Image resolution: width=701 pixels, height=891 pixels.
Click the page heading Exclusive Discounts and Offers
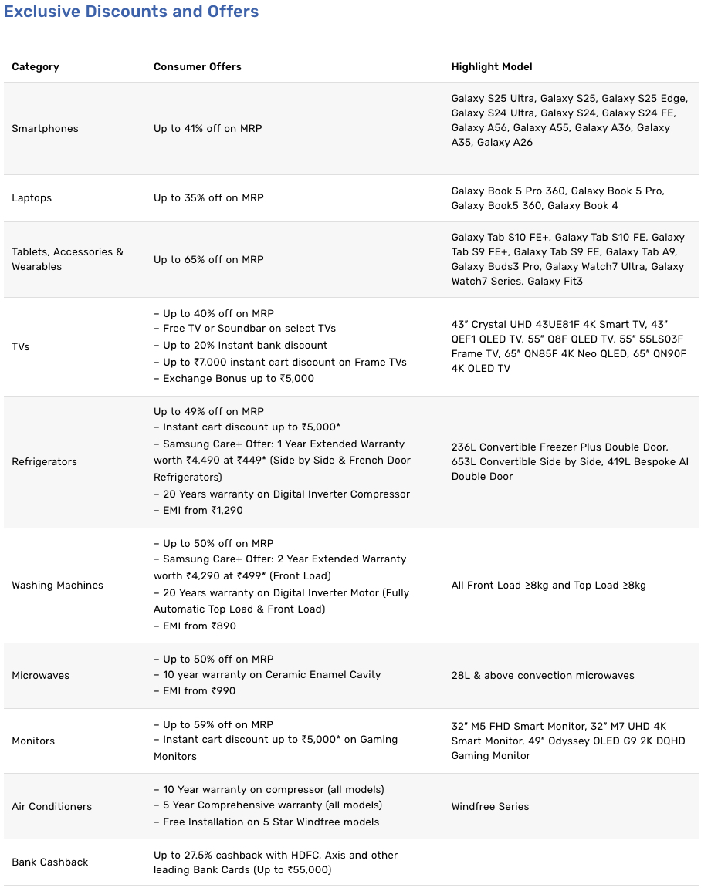coord(131,12)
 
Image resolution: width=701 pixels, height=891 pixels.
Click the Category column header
coord(36,67)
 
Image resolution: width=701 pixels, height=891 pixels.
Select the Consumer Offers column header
coord(198,67)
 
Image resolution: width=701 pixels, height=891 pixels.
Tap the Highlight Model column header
coord(492,67)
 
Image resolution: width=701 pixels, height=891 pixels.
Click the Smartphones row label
coord(45,129)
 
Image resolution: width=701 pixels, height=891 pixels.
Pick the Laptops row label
coord(32,198)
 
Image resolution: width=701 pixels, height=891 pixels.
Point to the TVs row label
coord(21,347)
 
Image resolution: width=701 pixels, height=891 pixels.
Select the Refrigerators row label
coord(44,462)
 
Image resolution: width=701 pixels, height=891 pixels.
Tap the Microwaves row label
coord(40,676)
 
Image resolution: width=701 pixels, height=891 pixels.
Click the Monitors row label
coord(33,741)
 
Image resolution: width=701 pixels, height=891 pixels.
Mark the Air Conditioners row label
coord(52,807)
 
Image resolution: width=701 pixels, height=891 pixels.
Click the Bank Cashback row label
coord(50,862)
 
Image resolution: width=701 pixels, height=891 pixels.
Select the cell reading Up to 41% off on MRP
coord(208,129)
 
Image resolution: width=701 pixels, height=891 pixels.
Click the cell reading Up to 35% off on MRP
coord(208,198)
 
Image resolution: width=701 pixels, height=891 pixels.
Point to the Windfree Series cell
coord(490,807)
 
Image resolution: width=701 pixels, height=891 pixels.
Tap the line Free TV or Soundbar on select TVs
coord(245,329)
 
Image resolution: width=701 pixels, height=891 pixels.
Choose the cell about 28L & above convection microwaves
coord(543,676)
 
